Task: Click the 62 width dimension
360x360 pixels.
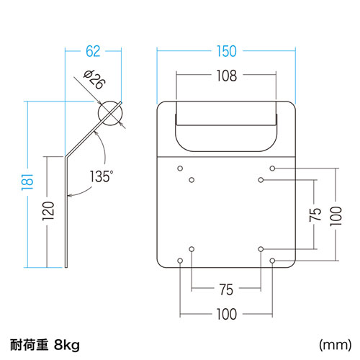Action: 93,51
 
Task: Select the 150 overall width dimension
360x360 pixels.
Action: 226,51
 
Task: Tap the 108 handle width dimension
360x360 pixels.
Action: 225,75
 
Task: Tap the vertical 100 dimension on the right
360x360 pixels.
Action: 335,214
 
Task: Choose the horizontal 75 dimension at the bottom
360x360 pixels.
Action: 225,289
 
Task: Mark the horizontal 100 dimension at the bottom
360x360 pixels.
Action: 225,314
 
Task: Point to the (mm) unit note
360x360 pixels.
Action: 334,344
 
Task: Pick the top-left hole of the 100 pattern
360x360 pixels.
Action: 179,168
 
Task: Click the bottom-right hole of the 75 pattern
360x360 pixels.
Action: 260,248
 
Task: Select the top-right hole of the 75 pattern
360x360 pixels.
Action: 260,180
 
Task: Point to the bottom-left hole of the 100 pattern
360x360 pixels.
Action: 179,260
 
